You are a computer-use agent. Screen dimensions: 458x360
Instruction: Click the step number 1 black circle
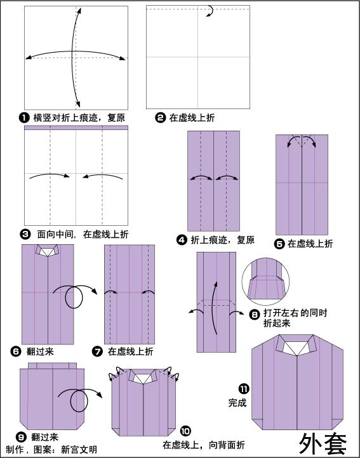point(24,117)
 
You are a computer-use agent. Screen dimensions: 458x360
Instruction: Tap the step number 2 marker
point(161,117)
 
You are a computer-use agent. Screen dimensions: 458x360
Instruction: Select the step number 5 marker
point(279,244)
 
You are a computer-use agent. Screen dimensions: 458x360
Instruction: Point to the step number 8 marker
point(255,313)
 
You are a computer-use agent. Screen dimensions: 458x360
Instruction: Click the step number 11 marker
point(244,388)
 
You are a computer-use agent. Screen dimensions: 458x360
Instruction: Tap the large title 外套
point(323,442)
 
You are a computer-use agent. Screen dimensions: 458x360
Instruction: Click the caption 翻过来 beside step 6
point(36,351)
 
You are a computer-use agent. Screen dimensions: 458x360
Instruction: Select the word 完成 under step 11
point(237,402)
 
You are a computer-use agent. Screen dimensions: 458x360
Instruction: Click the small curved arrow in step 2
point(208,11)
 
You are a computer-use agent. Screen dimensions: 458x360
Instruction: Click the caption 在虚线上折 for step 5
point(310,244)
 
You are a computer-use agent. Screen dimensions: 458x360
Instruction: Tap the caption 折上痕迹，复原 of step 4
point(222,240)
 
